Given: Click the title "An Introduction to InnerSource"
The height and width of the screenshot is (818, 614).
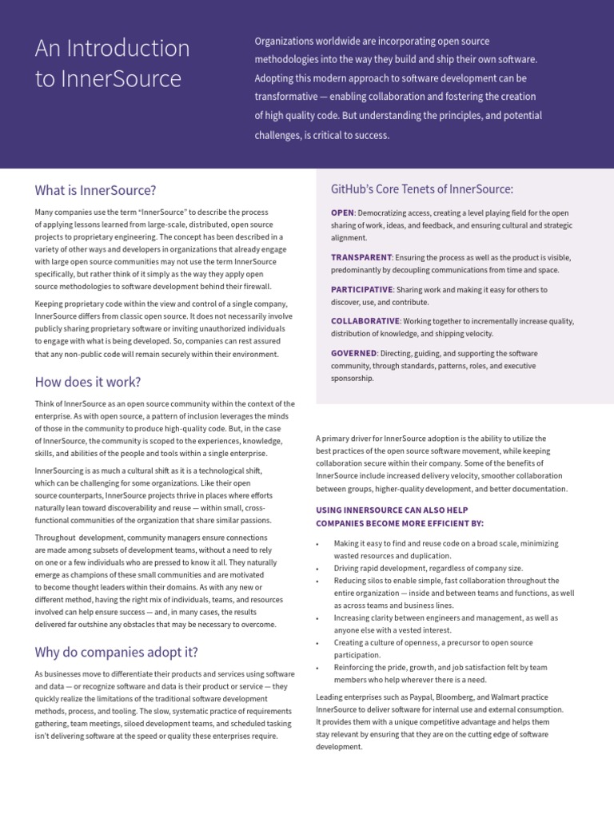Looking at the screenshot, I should click(112, 64).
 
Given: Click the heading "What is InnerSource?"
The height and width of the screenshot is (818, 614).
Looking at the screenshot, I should click(95, 190).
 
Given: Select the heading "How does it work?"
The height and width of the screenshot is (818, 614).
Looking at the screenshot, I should click(88, 382).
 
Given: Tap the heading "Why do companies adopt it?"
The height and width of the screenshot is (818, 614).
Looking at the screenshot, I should click(117, 652).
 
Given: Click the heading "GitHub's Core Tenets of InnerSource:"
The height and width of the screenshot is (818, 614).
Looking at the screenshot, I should click(421, 189).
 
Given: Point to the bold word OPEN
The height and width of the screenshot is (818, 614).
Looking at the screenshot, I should click(342, 213).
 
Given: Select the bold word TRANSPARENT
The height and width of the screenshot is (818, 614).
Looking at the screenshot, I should click(361, 257).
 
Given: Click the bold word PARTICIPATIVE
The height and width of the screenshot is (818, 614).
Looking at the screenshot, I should click(361, 289).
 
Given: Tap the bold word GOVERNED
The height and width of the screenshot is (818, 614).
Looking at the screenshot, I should click(353, 353).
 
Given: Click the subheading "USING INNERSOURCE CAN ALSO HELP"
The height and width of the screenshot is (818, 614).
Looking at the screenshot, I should click(392, 510).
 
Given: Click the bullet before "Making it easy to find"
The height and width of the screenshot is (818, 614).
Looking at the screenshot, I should click(319, 544).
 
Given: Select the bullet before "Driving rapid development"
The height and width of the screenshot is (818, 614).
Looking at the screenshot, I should click(319, 569).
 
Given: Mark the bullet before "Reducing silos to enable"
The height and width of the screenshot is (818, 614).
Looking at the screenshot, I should click(319, 582).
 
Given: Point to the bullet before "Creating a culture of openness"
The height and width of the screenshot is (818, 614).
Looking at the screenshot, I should click(319, 643).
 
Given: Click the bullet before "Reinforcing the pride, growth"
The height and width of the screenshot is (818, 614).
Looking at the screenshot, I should click(319, 668).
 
